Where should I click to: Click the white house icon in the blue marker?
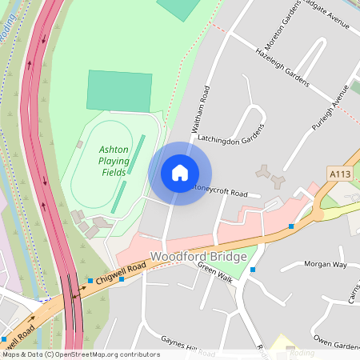180,173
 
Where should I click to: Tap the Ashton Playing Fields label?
114,161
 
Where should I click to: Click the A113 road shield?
339,173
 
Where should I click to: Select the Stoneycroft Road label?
227,192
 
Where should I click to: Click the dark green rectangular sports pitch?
119,90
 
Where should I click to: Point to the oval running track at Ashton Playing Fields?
109,163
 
